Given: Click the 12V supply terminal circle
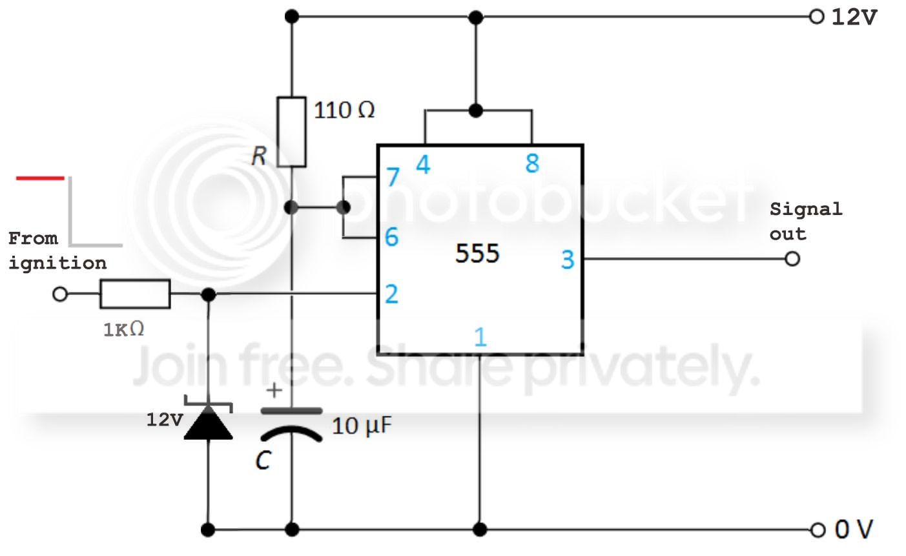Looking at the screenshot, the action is pyautogui.click(x=816, y=17).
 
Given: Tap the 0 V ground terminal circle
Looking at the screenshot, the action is pyautogui.click(x=818, y=530).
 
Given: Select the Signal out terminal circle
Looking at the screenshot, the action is pyautogui.click(x=792, y=259).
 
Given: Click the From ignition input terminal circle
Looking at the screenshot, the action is pyautogui.click(x=60, y=294).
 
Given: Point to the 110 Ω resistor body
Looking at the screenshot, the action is pyautogui.click(x=291, y=132).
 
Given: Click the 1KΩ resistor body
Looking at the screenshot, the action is pyautogui.click(x=135, y=294).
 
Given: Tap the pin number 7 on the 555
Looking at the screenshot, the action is pyautogui.click(x=393, y=177).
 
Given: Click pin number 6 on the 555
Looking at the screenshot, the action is pyautogui.click(x=391, y=236).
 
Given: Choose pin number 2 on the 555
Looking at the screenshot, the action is pyautogui.click(x=391, y=294).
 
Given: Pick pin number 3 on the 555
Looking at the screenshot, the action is pyautogui.click(x=568, y=260).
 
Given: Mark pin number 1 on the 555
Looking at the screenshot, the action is pyautogui.click(x=480, y=337).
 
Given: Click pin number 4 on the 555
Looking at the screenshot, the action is pyautogui.click(x=423, y=165).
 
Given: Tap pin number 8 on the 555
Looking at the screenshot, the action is pyautogui.click(x=532, y=163).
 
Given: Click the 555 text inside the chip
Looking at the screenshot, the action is pyautogui.click(x=477, y=254).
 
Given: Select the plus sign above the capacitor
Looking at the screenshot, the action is pyautogui.click(x=274, y=391).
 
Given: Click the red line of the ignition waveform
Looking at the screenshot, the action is pyautogui.click(x=40, y=178).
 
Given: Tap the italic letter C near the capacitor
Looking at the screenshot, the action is pyautogui.click(x=263, y=460).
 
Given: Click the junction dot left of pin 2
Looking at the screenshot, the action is pyautogui.click(x=209, y=294).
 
